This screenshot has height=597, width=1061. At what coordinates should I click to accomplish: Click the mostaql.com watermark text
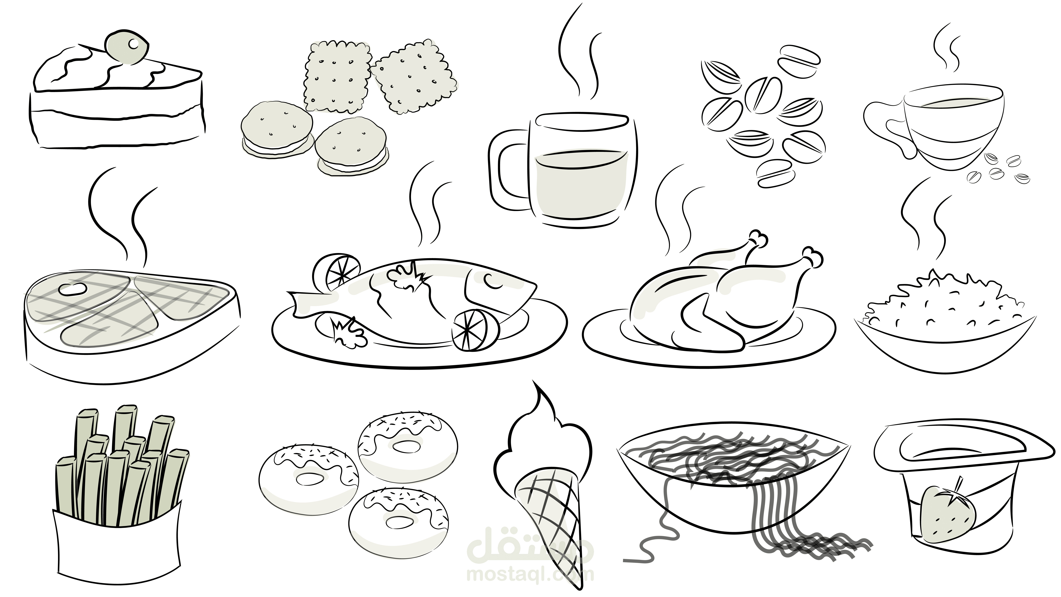(x=530, y=574)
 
